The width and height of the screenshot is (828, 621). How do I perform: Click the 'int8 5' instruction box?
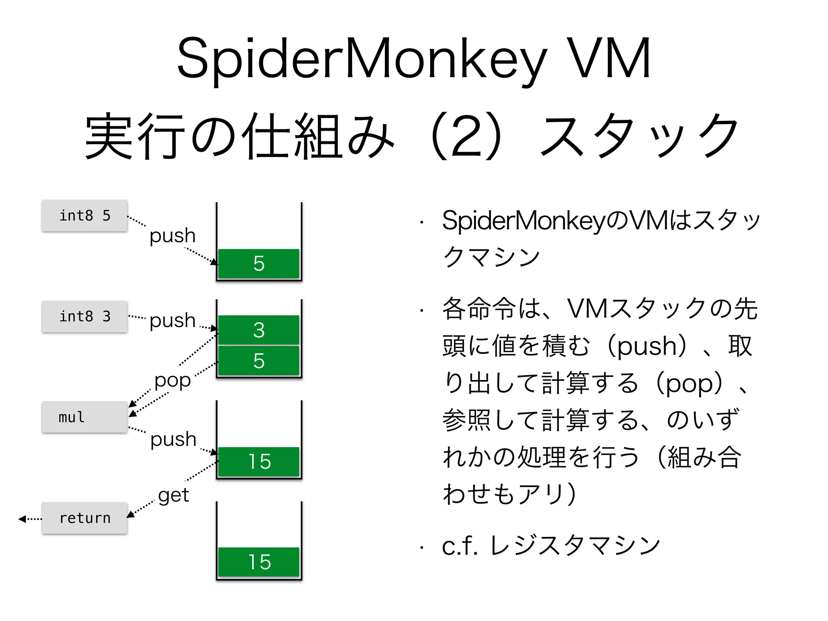[x=84, y=215]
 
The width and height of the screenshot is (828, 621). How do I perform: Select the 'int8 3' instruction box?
[x=84, y=316]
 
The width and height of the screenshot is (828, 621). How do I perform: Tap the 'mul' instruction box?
[x=84, y=417]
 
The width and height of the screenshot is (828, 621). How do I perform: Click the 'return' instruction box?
[x=84, y=518]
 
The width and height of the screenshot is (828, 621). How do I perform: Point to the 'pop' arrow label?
[x=173, y=380]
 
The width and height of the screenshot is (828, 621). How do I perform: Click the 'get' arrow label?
[x=173, y=495]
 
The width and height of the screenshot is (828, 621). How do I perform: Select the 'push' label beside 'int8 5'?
[x=173, y=236]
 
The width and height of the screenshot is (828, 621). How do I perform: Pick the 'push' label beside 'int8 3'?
[x=173, y=320]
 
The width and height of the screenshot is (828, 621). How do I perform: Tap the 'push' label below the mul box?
[x=173, y=439]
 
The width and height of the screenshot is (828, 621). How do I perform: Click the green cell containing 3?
[x=259, y=330]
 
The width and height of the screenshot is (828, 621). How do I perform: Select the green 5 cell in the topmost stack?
[x=259, y=264]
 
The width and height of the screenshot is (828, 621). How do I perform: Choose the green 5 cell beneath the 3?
[x=259, y=361]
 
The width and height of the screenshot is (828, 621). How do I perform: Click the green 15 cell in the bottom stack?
[x=259, y=562]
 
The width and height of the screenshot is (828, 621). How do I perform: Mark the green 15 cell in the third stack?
[x=259, y=461]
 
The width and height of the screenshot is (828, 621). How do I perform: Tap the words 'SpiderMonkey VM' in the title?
[x=413, y=59]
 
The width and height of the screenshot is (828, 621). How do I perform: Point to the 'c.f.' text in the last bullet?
[x=460, y=546]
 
